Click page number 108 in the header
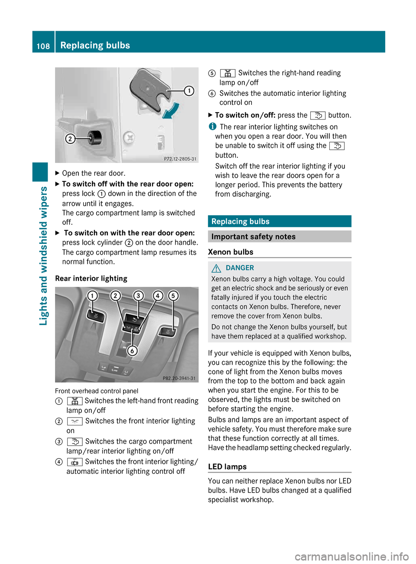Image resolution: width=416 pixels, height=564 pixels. [43, 46]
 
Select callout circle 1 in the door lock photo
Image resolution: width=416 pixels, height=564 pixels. [189, 91]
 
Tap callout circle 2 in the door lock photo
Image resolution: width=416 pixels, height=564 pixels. [70, 139]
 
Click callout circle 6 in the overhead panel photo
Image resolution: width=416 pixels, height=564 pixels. [132, 350]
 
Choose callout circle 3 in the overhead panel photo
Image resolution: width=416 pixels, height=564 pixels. [138, 296]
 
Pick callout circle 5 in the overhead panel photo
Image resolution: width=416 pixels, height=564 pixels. [173, 296]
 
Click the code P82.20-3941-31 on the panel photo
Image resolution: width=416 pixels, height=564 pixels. [179, 378]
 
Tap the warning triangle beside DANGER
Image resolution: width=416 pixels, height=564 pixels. [216, 268]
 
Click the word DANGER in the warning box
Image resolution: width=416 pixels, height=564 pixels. [240, 268]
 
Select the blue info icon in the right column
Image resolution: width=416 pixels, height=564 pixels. [212, 126]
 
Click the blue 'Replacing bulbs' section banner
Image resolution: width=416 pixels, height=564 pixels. [279, 221]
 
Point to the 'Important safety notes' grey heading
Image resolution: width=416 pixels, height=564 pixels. [279, 237]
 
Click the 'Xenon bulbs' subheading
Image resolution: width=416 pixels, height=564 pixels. [231, 252]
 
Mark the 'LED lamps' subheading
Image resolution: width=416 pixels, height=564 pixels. [227, 467]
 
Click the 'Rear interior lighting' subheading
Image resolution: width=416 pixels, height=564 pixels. [91, 279]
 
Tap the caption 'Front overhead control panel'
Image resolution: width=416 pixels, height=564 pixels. [97, 391]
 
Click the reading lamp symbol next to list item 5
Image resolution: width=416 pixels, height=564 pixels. [227, 73]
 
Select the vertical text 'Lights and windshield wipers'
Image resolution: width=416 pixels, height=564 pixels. [43, 256]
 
